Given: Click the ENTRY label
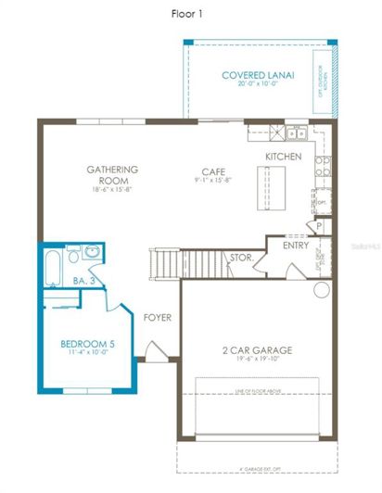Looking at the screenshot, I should (x=296, y=246).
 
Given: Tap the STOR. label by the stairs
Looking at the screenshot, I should (x=240, y=258).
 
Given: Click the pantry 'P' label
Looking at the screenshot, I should (x=318, y=226).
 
